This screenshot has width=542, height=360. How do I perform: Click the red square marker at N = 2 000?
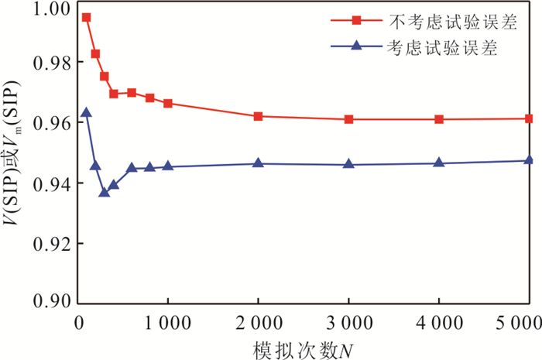(x=258, y=116)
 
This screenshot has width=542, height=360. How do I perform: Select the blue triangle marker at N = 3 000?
(x=348, y=163)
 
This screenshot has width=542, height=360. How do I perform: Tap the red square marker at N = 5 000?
(x=529, y=118)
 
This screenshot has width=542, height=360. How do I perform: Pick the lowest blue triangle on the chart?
(x=104, y=191)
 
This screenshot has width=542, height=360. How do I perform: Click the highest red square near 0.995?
(x=86, y=17)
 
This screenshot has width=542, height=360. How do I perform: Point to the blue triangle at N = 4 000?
(x=439, y=163)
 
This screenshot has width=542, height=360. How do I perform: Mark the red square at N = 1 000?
(x=168, y=103)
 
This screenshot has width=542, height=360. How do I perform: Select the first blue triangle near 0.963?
(x=86, y=112)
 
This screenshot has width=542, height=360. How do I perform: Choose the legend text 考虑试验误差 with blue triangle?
(x=442, y=47)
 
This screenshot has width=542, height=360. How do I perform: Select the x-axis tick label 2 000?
(x=258, y=321)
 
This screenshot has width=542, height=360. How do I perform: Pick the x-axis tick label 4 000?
(x=439, y=321)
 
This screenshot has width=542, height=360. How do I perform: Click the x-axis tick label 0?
(x=77, y=321)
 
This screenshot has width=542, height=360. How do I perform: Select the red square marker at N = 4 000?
(x=439, y=119)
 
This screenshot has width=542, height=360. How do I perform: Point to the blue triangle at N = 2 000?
(x=258, y=163)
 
